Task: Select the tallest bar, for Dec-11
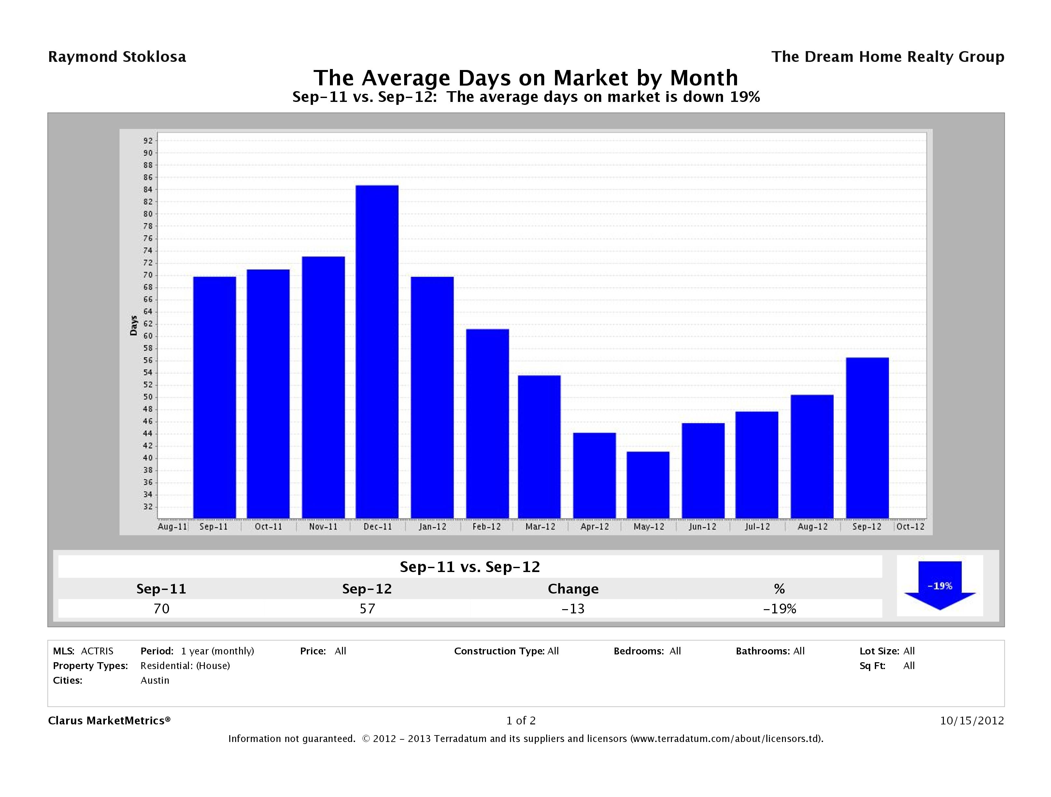[x=377, y=352]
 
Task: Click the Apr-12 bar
[x=594, y=475]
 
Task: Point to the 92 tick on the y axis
[x=148, y=141]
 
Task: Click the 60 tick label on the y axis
[x=148, y=336]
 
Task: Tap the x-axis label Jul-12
[x=757, y=527]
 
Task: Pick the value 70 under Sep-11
[x=162, y=608]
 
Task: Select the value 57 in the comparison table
[x=367, y=608]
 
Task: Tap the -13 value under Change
[x=573, y=608]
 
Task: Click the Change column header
[x=573, y=589]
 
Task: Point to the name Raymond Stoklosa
[x=117, y=57]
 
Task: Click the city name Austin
[x=155, y=680]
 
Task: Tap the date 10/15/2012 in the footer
[x=972, y=720]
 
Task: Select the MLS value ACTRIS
[x=97, y=651]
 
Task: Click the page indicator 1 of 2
[x=521, y=720]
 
